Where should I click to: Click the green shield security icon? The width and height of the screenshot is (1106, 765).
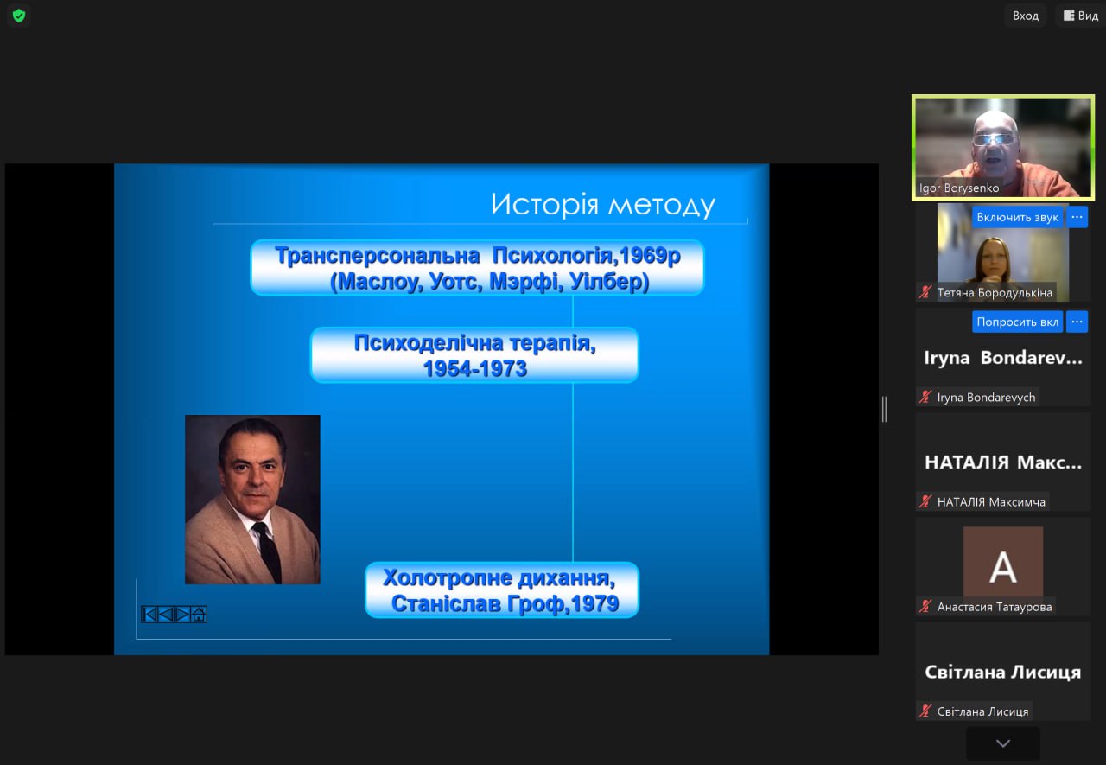click(19, 16)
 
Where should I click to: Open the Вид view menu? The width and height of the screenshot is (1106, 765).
click(1081, 16)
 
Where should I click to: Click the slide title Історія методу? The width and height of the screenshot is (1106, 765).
click(602, 205)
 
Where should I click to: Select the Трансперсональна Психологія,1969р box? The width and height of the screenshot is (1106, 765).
click(477, 268)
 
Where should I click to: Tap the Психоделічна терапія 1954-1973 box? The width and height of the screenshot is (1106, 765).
click(474, 355)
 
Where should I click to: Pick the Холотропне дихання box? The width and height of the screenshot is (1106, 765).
click(502, 590)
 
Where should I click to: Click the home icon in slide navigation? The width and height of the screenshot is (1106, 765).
click(199, 615)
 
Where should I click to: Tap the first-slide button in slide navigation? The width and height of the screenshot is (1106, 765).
click(149, 615)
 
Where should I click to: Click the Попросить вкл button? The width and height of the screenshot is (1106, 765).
click(1018, 322)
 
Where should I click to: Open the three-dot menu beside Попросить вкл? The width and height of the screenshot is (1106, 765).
click(1077, 322)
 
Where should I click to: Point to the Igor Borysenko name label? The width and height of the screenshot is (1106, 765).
click(959, 188)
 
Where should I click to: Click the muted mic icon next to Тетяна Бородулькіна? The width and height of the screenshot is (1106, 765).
click(925, 292)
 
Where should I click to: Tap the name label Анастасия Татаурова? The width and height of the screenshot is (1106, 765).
click(995, 607)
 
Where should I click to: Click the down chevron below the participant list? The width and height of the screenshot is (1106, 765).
click(1003, 743)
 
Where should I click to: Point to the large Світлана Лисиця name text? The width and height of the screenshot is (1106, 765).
click(1003, 673)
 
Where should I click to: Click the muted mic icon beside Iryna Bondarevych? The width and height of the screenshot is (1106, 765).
click(925, 397)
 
